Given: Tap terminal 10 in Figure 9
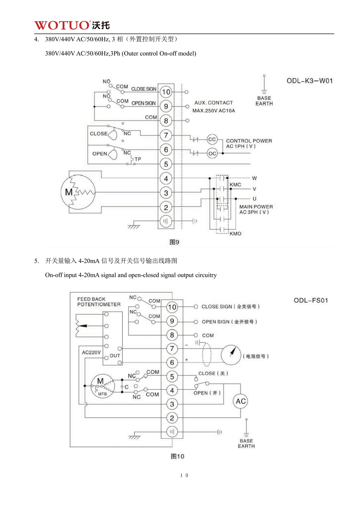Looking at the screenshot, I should [166, 92].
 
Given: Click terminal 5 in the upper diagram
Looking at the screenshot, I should [166, 164].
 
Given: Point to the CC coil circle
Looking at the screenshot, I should [212, 139].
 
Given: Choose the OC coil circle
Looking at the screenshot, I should [212, 153].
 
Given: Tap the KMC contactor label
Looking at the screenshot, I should [235, 185].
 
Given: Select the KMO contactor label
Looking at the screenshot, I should [235, 234].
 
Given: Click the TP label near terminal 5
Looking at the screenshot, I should [138, 159].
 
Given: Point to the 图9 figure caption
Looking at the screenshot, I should [174, 242].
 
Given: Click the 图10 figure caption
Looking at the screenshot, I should [177, 456].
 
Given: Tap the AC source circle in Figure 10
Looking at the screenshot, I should [241, 401].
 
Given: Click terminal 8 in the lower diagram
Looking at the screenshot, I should [172, 335].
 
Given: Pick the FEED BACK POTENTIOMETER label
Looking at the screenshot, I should [99, 302].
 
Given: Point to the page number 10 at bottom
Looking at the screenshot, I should [184, 475].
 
